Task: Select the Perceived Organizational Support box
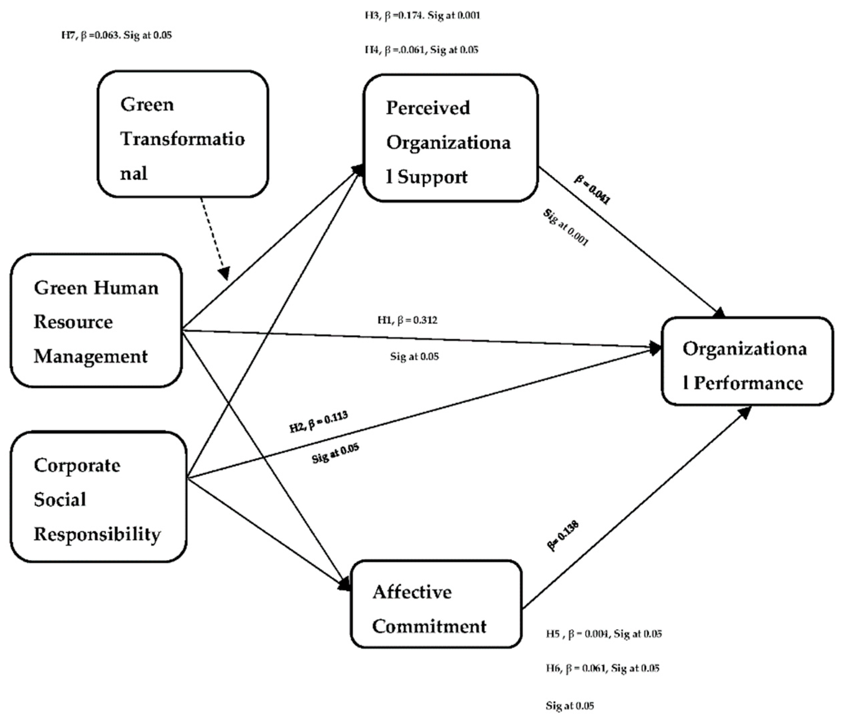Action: (x=450, y=138)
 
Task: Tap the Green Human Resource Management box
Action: (x=96, y=321)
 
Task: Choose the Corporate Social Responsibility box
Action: (x=98, y=497)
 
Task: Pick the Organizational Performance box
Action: (x=747, y=361)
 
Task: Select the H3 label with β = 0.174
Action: (x=422, y=16)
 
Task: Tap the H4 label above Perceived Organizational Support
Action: (x=421, y=50)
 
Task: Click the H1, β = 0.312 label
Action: (x=407, y=320)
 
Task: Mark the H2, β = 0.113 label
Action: (x=319, y=422)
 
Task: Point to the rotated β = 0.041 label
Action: (x=592, y=189)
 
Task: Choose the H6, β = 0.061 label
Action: (x=602, y=668)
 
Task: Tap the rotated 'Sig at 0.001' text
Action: (x=566, y=228)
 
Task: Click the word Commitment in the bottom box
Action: (x=429, y=626)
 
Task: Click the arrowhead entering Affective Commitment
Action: (x=345, y=585)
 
